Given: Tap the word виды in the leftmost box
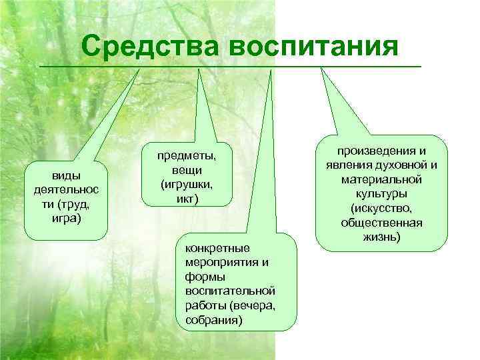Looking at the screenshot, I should [x=65, y=176].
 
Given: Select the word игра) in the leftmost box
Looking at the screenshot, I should [x=65, y=216].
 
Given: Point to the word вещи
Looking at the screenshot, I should [x=187, y=169].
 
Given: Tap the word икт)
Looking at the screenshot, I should [x=187, y=198].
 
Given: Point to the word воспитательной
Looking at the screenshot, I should [x=225, y=291].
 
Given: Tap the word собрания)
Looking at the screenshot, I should [x=210, y=320].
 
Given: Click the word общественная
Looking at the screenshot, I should [x=381, y=223].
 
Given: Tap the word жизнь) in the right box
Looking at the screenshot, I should [x=381, y=237].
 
